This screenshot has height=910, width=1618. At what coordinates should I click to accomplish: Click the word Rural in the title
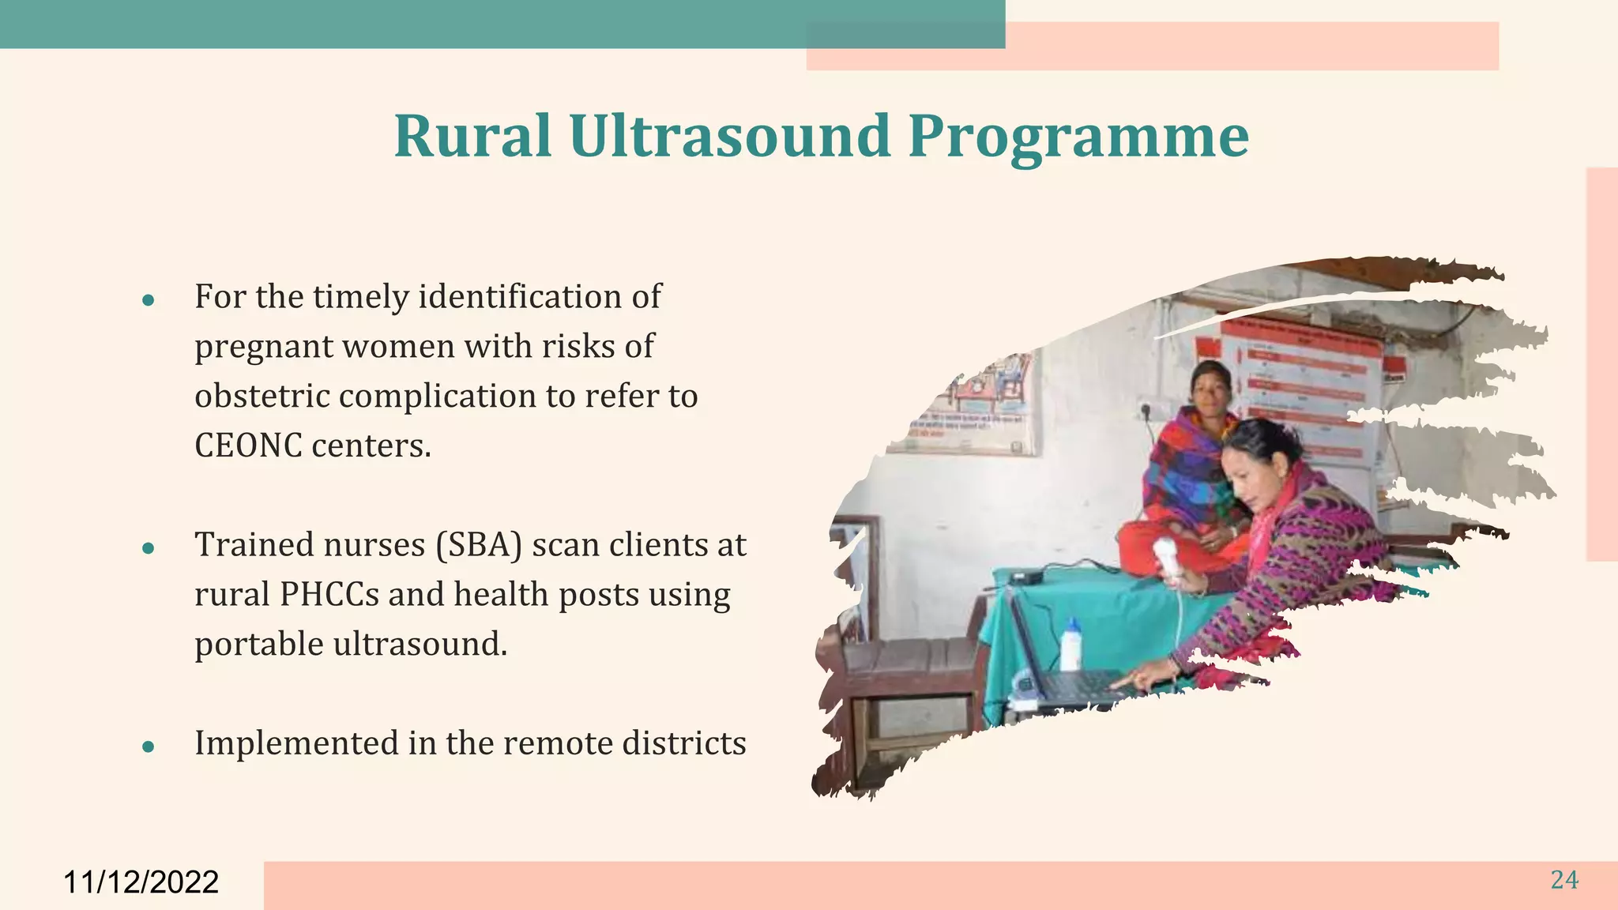tap(472, 136)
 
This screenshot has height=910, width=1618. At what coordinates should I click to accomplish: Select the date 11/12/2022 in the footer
tap(141, 882)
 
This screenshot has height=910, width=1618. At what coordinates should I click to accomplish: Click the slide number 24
tap(1563, 880)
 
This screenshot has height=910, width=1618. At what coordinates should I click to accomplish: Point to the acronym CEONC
tap(248, 446)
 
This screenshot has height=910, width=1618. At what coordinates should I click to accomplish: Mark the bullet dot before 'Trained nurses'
tap(148, 547)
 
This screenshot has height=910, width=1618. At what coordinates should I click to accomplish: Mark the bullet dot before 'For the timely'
tap(148, 300)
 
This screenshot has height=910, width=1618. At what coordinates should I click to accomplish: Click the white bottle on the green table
tap(1071, 644)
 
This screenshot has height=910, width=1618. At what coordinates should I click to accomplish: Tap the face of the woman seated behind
tap(1210, 386)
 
